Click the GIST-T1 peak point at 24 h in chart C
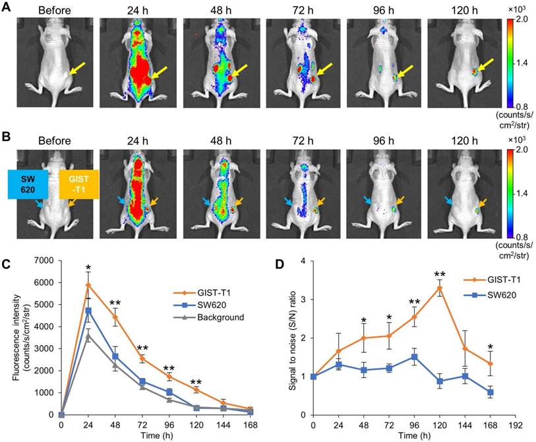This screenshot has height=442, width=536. point(87,285)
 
